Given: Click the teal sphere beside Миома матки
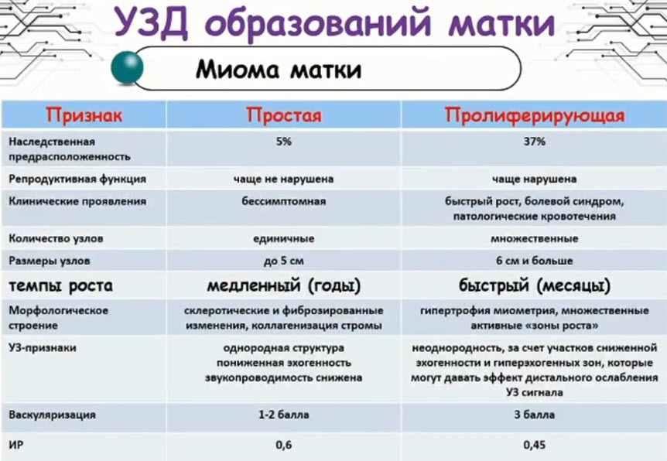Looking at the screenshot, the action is pos(127,67).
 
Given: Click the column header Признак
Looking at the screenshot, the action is pos(84,115).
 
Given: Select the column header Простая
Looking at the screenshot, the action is pos(284,115).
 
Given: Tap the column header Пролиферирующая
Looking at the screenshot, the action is pos(534,115).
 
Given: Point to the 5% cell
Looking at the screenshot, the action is pos(284,142).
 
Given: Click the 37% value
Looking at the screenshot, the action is pos(534,142).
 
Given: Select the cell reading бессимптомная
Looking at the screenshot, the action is pos(284,201).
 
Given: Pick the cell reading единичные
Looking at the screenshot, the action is pos(284,238).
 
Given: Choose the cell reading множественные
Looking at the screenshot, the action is pos(534,238).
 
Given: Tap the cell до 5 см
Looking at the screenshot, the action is pos(284,261).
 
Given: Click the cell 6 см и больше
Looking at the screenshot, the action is pos(534,261).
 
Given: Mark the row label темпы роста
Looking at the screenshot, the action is pos(61,285).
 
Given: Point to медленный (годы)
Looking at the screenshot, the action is pos(284,285).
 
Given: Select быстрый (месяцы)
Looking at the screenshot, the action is pos(534,285).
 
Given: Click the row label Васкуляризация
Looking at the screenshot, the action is pos(52,415).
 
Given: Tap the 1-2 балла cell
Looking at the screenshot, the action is pos(284,415).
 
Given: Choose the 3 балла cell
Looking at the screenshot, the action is pos(534,415).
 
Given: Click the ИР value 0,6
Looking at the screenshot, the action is pos(284,446).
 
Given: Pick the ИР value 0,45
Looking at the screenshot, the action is pos(534,446).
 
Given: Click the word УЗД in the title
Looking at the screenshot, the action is pos(151,22).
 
